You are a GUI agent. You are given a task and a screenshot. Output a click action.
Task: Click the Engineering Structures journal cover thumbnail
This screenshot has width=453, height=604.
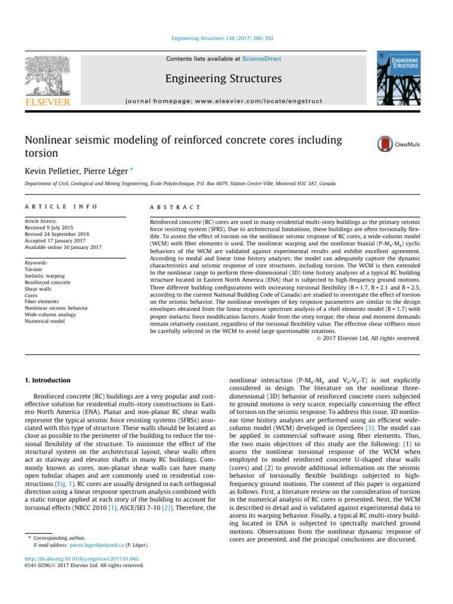[398, 77]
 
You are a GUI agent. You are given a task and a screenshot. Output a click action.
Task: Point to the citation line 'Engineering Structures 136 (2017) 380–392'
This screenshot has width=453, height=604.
[226, 39]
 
